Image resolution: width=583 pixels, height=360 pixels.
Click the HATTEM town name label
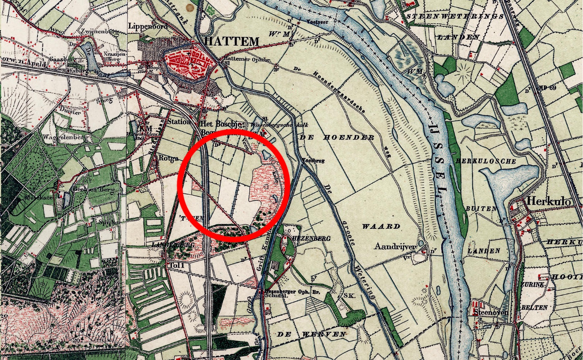(232, 42)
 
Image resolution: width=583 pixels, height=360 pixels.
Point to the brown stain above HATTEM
(189, 8)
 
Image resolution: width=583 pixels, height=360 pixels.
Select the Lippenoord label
(147, 26)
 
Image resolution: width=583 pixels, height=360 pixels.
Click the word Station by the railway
(179, 121)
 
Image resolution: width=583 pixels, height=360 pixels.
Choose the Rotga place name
(169, 158)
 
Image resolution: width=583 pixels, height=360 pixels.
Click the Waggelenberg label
(66, 137)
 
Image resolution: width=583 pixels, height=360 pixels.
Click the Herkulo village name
(548, 201)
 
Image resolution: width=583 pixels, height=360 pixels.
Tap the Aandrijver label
(395, 247)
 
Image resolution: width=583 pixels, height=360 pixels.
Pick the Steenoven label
(491, 312)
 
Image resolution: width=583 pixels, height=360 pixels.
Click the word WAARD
(381, 226)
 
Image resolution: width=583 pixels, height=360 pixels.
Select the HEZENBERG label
(312, 238)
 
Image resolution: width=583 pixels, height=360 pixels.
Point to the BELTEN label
(534, 308)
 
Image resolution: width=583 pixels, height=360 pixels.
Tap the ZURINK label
(532, 284)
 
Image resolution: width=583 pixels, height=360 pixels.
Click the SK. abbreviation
(349, 296)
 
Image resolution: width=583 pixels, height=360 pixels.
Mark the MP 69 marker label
(548, 88)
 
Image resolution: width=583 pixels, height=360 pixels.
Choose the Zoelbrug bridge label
(313, 160)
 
